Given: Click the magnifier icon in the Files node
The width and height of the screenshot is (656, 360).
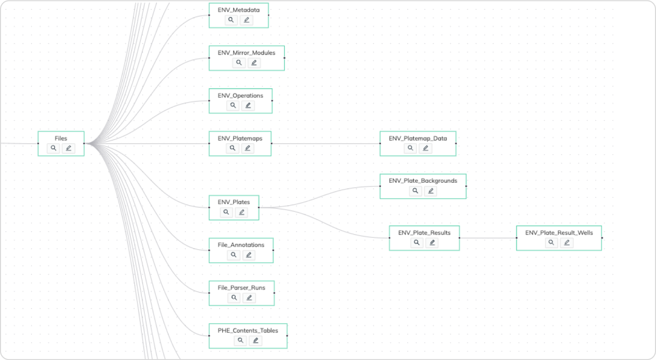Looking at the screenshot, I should (x=54, y=148).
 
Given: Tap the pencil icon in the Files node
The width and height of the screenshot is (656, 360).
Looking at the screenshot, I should (x=68, y=148).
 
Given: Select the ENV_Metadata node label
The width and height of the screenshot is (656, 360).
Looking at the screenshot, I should (x=239, y=10).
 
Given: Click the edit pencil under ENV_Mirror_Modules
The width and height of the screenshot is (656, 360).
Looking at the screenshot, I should (x=254, y=62).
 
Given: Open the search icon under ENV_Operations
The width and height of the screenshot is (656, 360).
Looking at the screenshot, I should (x=233, y=105).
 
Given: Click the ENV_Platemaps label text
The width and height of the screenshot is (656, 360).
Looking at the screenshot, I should (x=240, y=138).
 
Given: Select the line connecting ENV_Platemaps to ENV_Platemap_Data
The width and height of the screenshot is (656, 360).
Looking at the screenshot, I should (x=325, y=143).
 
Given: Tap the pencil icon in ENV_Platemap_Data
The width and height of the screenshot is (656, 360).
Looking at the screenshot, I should (x=425, y=148).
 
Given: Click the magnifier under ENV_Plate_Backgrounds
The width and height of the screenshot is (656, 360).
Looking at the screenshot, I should (x=416, y=191).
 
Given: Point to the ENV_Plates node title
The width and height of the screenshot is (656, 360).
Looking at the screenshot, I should (x=234, y=202).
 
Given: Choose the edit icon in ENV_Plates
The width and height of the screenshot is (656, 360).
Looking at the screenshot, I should (x=242, y=212).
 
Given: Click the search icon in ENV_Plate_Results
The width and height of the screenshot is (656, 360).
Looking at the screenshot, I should (x=417, y=243).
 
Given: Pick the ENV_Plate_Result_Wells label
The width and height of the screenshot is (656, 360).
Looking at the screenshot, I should (x=559, y=233).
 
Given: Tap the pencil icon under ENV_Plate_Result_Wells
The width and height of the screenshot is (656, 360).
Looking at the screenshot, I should (x=566, y=243).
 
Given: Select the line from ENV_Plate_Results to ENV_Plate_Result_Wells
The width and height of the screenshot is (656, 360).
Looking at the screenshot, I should (x=487, y=238).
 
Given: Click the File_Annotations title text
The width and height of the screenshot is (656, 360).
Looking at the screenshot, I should (x=241, y=245).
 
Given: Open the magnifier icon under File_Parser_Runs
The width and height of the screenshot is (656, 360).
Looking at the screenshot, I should (x=234, y=298).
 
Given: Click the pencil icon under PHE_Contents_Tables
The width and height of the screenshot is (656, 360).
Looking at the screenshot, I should (x=256, y=341).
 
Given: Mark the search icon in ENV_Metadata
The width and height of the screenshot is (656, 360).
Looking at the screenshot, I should (x=231, y=20).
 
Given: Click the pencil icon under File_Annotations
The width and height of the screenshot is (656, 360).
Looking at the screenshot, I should (x=248, y=255).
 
